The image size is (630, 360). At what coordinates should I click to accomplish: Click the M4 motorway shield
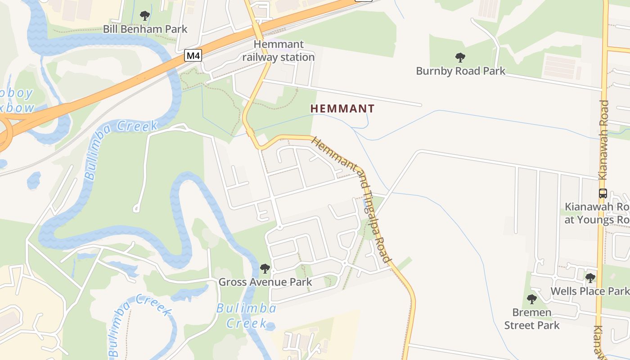193,56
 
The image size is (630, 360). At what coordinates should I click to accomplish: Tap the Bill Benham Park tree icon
144,16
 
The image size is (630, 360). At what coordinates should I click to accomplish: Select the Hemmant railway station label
279,51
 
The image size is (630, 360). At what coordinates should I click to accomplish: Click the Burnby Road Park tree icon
460,58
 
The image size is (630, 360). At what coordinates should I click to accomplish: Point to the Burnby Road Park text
460,71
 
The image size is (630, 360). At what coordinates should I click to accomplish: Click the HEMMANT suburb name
342,108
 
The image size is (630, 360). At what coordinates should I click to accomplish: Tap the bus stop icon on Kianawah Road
603,193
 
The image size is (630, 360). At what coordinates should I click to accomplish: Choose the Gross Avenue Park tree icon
265,269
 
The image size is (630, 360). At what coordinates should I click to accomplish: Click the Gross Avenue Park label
265,282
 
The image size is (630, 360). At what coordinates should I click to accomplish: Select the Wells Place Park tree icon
590,278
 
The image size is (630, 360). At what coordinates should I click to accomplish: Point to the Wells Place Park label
589,291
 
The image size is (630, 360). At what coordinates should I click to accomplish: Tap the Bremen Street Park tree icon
532,299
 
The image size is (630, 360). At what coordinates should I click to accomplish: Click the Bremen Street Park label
532,319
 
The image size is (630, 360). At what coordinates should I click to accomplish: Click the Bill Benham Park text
145,29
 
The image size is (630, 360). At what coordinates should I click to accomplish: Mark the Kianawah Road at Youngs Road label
597,213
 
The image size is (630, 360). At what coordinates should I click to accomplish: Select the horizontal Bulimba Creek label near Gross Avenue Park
247,315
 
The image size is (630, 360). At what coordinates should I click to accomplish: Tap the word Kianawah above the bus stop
603,140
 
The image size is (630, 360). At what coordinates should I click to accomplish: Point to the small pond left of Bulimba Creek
33,180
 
